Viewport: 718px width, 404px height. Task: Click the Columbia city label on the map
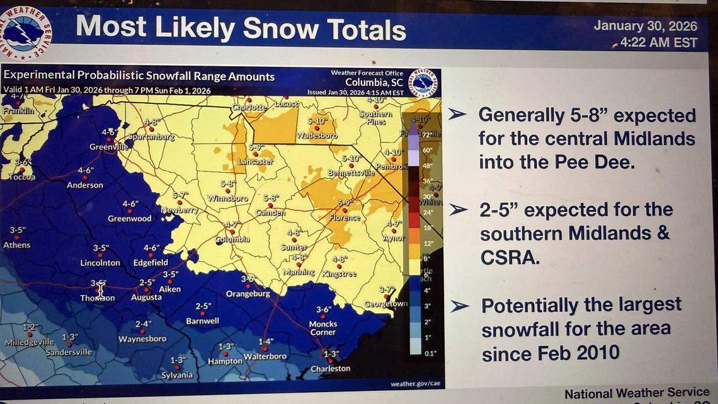tap(232, 240)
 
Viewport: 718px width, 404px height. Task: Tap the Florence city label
tap(345, 218)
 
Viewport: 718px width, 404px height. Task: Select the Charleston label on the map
tap(330, 369)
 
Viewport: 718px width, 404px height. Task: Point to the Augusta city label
tap(146, 297)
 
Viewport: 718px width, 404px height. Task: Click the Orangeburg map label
tap(248, 294)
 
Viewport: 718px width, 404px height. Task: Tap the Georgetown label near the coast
tap(385, 304)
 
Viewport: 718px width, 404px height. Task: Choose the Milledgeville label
tap(30, 342)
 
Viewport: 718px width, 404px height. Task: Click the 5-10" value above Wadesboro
tap(317, 121)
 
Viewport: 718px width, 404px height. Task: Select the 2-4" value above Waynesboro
tap(143, 324)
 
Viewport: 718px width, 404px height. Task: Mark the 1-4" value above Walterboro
tap(266, 342)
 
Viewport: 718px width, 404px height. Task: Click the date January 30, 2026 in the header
tap(645, 26)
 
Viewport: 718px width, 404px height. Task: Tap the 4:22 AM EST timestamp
tap(658, 43)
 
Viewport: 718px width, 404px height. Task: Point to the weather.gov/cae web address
tap(412, 384)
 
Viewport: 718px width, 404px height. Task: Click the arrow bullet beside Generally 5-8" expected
tap(457, 114)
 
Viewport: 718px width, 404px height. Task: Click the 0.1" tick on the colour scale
tap(430, 354)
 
